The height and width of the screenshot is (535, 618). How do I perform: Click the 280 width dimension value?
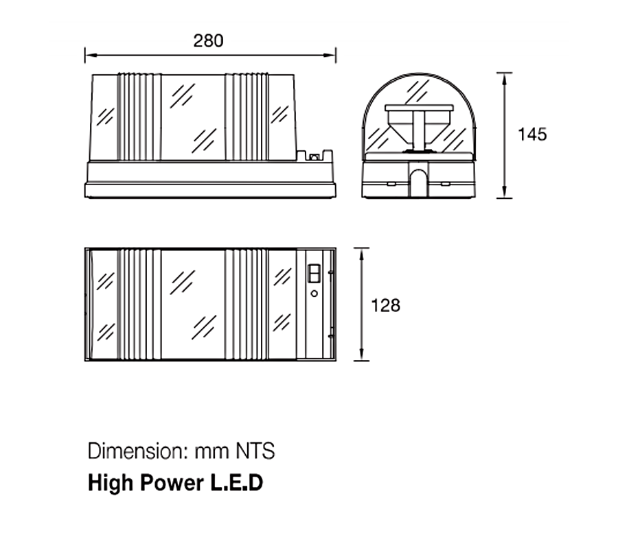(208, 40)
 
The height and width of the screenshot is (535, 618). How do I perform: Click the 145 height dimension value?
(532, 134)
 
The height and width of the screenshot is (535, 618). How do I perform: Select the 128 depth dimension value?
(385, 305)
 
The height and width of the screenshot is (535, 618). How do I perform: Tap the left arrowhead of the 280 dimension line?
(91, 55)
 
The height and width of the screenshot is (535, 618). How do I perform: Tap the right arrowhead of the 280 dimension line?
(330, 55)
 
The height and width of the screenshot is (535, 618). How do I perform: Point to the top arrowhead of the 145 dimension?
(504, 79)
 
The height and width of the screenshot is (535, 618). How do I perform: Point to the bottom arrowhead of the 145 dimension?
(504, 192)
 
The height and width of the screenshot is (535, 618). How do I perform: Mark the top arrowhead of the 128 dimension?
(361, 254)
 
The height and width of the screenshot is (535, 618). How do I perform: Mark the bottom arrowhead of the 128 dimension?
(361, 355)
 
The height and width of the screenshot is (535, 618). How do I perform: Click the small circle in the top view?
(314, 294)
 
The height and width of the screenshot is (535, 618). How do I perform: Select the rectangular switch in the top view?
(314, 273)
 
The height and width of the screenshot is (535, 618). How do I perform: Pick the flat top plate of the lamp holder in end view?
(419, 108)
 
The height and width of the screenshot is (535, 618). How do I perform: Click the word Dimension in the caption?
(137, 451)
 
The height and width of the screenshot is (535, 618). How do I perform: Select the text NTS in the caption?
(255, 451)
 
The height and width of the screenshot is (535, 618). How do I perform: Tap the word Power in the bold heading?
(172, 483)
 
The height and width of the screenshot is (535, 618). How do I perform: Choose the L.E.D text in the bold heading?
(236, 483)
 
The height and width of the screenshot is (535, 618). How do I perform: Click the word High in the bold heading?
(111, 484)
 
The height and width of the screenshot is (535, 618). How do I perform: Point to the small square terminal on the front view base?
(314, 157)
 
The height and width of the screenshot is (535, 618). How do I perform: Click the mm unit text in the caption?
(212, 453)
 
